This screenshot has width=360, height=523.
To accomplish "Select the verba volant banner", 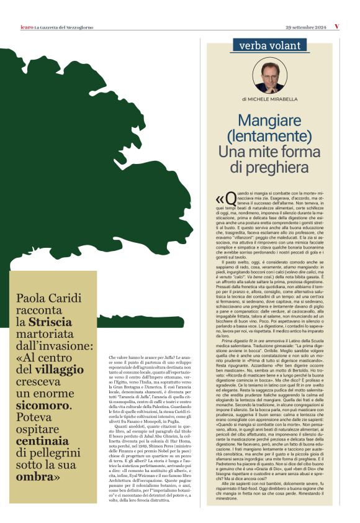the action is click(269, 45).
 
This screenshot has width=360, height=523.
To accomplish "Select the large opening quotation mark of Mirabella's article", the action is click(218, 198).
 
